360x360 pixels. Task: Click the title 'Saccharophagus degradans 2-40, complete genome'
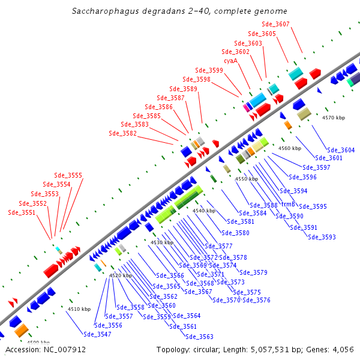[179, 11]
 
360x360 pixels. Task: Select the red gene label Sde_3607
[276, 24]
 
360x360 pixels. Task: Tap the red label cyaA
[230, 61]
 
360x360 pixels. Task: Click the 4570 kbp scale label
[334, 118]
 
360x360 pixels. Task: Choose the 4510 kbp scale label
[79, 309]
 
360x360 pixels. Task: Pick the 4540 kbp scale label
[203, 211]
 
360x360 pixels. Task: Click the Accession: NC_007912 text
[46, 349]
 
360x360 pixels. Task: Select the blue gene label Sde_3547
[97, 334]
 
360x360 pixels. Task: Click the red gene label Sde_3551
[22, 212]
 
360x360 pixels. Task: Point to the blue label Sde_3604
[340, 150]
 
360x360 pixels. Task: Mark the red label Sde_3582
[123, 133]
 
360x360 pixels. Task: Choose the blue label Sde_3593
[322, 237]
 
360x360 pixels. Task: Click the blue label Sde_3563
[199, 337]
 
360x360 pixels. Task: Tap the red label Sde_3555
[68, 176]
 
